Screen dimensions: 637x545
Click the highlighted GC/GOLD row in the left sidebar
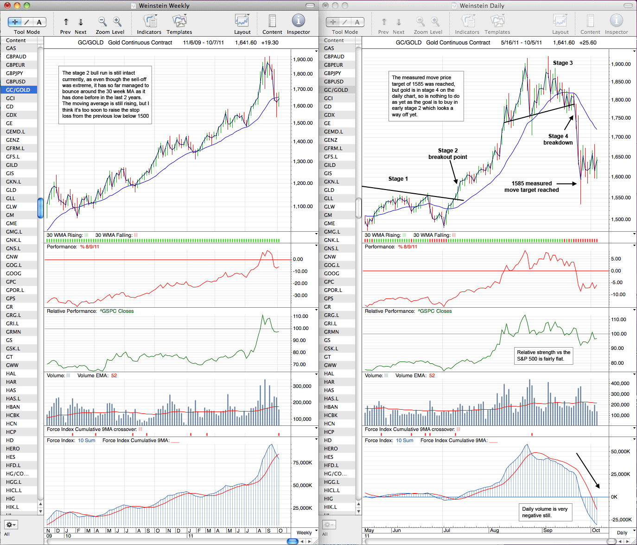(x=19, y=90)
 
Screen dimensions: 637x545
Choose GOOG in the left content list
(x=13, y=273)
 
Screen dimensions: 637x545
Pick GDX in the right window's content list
(x=329, y=115)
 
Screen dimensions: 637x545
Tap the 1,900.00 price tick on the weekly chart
(x=303, y=59)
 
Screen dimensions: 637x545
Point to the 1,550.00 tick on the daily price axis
(x=621, y=197)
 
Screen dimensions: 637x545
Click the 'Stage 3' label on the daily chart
(x=563, y=63)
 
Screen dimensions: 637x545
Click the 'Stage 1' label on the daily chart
(x=398, y=179)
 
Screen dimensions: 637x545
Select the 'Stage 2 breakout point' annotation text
(x=448, y=154)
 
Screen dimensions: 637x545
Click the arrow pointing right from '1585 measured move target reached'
(x=567, y=184)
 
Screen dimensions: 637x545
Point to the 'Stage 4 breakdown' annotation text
(x=558, y=139)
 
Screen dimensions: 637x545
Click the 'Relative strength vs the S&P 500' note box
(x=543, y=356)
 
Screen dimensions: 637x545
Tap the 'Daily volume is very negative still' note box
(x=545, y=513)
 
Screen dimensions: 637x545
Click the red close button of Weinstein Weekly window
(x=7, y=5)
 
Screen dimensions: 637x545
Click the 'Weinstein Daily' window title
(x=482, y=6)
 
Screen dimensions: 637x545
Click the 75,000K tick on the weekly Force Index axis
(x=302, y=463)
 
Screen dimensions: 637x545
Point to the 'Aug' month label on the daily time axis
(x=494, y=530)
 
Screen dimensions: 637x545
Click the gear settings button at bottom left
(x=11, y=524)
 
